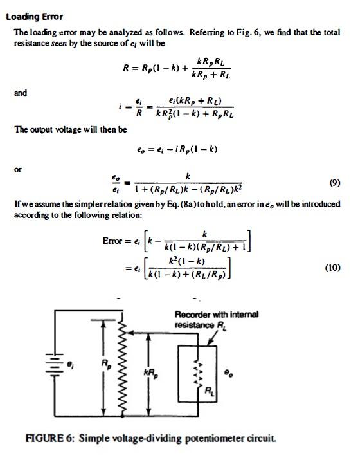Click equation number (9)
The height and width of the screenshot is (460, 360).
334,183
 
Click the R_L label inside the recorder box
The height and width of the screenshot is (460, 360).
210,391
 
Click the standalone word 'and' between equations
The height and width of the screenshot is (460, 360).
21,93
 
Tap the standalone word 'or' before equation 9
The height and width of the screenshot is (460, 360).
18,170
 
